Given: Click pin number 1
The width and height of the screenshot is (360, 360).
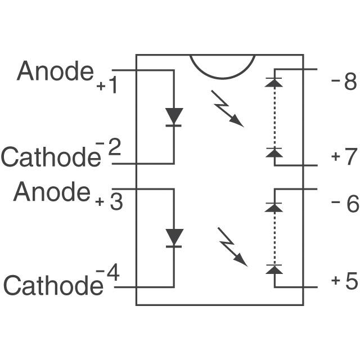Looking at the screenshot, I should coord(112,87).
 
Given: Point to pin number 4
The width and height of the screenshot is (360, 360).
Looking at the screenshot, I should coord(112,274).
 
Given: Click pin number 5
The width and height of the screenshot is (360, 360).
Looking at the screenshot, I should coord(351,281).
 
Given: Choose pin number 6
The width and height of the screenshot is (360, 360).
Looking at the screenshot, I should coord(352,204).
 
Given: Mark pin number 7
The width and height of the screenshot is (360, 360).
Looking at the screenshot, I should coord(350,156).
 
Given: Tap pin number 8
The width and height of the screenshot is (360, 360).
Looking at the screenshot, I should coord(350,83).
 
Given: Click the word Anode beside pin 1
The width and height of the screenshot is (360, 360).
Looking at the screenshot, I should coord(55,71).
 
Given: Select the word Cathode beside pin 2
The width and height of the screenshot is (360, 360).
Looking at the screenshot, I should coord(49,158).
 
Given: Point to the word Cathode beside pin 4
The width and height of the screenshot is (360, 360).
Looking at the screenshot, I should coord(53,285).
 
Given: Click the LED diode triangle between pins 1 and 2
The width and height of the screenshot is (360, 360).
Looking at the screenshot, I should coord(174,116).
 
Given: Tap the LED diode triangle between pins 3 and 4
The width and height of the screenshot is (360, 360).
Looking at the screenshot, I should coord(174,237).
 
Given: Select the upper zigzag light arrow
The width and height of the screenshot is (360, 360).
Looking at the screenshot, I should coord(227,108).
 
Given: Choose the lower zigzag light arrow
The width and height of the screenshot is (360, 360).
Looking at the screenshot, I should coord(231,246).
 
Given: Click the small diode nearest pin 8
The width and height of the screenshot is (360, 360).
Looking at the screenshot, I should coord(274,82).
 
